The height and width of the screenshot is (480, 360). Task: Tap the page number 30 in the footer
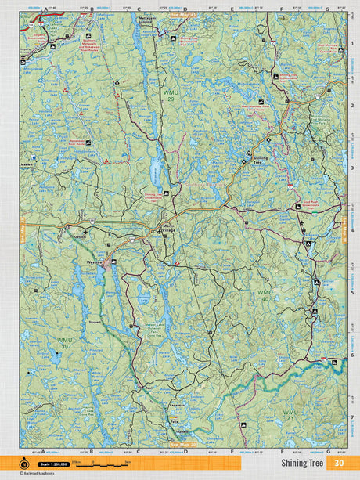(x=338, y=463)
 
